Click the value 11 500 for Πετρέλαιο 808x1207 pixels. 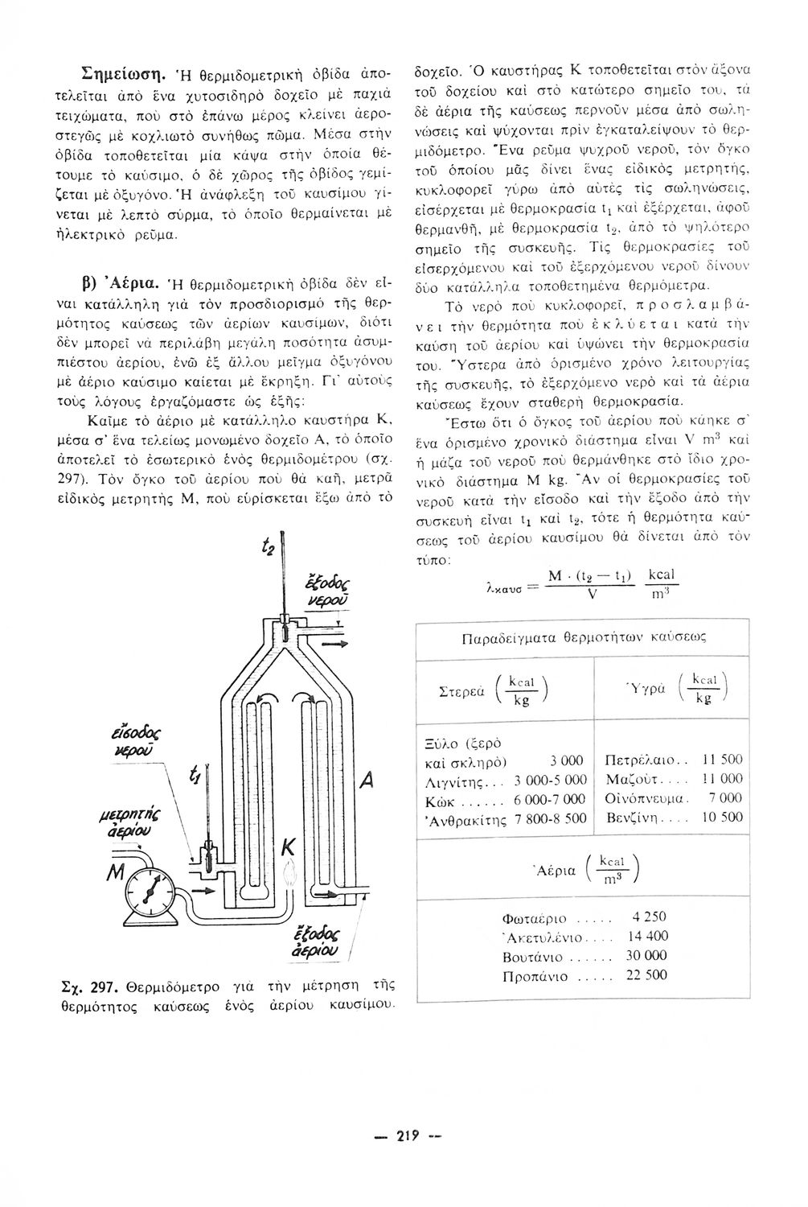(x=722, y=760)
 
